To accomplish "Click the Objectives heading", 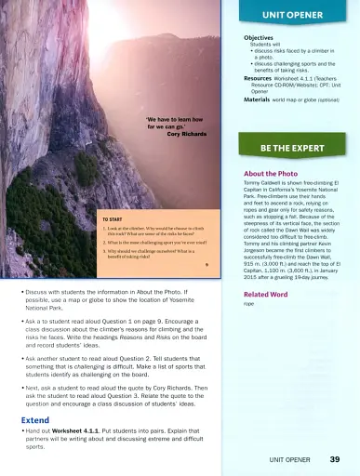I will pos(258,38).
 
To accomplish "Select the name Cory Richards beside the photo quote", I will pos(185,134).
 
